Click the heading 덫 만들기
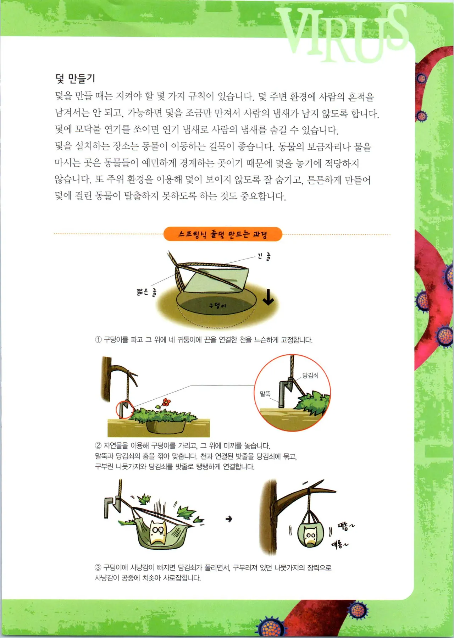(x=75, y=78)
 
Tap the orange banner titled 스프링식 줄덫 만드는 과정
(x=223, y=234)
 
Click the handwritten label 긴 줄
(x=264, y=256)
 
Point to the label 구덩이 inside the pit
(x=217, y=305)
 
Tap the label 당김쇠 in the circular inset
(x=310, y=375)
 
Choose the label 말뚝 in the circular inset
(x=265, y=394)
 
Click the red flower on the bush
(x=166, y=403)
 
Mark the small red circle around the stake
(x=124, y=410)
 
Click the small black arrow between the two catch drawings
(x=229, y=519)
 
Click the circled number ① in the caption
(x=98, y=340)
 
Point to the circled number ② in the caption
(x=98, y=446)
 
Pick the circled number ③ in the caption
(x=98, y=568)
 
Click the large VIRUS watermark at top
(x=344, y=34)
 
